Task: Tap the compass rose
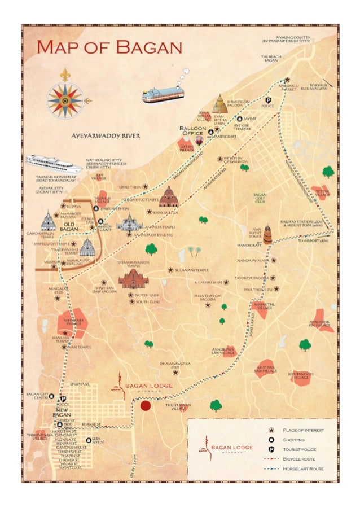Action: coord(64,100)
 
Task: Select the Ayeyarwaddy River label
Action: coord(106,136)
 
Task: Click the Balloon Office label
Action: coord(194,131)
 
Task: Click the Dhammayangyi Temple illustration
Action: coord(133,278)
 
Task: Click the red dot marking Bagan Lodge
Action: coord(146,406)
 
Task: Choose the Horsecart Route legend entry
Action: coord(304,468)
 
